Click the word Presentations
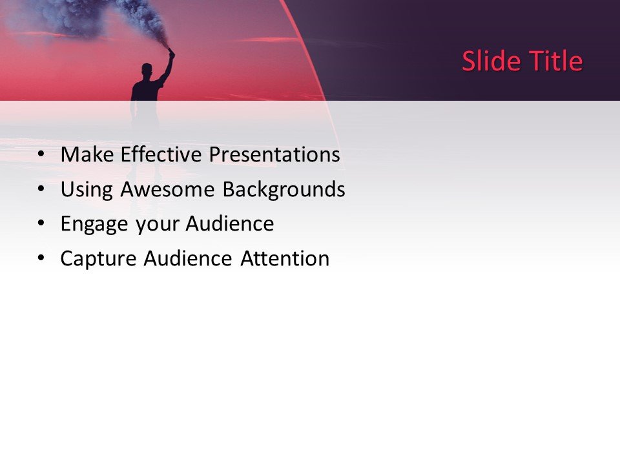pyautogui.click(x=274, y=155)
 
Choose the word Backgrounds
pyautogui.click(x=284, y=190)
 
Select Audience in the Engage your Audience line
pyautogui.click(x=230, y=224)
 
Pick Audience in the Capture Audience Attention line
pyautogui.click(x=188, y=259)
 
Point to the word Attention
pyautogui.click(x=285, y=259)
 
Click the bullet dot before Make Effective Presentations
pyautogui.click(x=41, y=155)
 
